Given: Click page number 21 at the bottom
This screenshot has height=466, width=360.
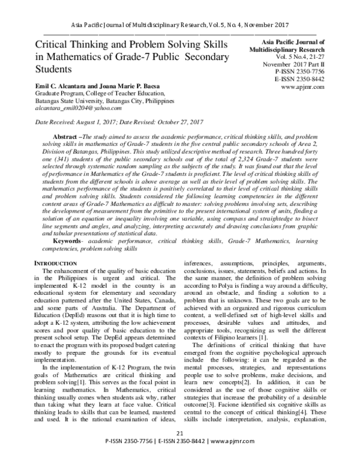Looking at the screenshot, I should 180,450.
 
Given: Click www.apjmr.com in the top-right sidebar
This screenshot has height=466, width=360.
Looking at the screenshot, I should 302,86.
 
